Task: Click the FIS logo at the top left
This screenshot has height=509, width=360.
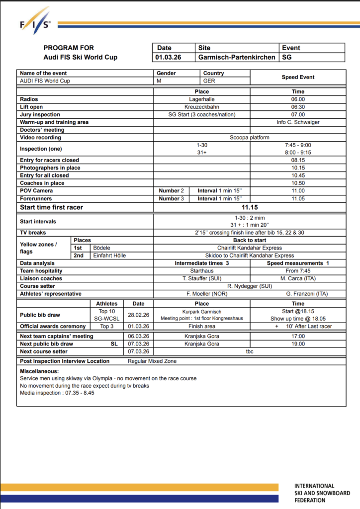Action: pos(35,21)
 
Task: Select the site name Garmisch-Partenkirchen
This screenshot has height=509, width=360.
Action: pos(237,57)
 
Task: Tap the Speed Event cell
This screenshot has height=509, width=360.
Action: pos(298,77)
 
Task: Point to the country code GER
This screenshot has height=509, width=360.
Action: pos(210,81)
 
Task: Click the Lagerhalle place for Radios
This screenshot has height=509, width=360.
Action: pos(201,99)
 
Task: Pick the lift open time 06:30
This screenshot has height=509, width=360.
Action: pos(298,107)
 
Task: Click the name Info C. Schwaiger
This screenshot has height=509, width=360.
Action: pos(298,122)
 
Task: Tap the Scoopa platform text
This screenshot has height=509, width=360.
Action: pos(250,137)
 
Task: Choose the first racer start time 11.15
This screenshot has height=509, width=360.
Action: pos(250,207)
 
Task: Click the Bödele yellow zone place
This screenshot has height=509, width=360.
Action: pos(102,248)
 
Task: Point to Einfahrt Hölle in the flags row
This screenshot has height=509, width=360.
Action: pos(109,255)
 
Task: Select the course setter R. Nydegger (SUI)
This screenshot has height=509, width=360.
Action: pos(250,286)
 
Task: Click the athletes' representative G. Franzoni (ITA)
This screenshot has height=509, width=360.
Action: pos(298,293)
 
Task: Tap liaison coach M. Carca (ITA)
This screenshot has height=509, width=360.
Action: pos(298,278)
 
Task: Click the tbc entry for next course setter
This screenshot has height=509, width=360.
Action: pos(250,351)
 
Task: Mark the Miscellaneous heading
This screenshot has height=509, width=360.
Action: pos(39,371)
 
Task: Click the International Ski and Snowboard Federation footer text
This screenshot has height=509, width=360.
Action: pos(321,493)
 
